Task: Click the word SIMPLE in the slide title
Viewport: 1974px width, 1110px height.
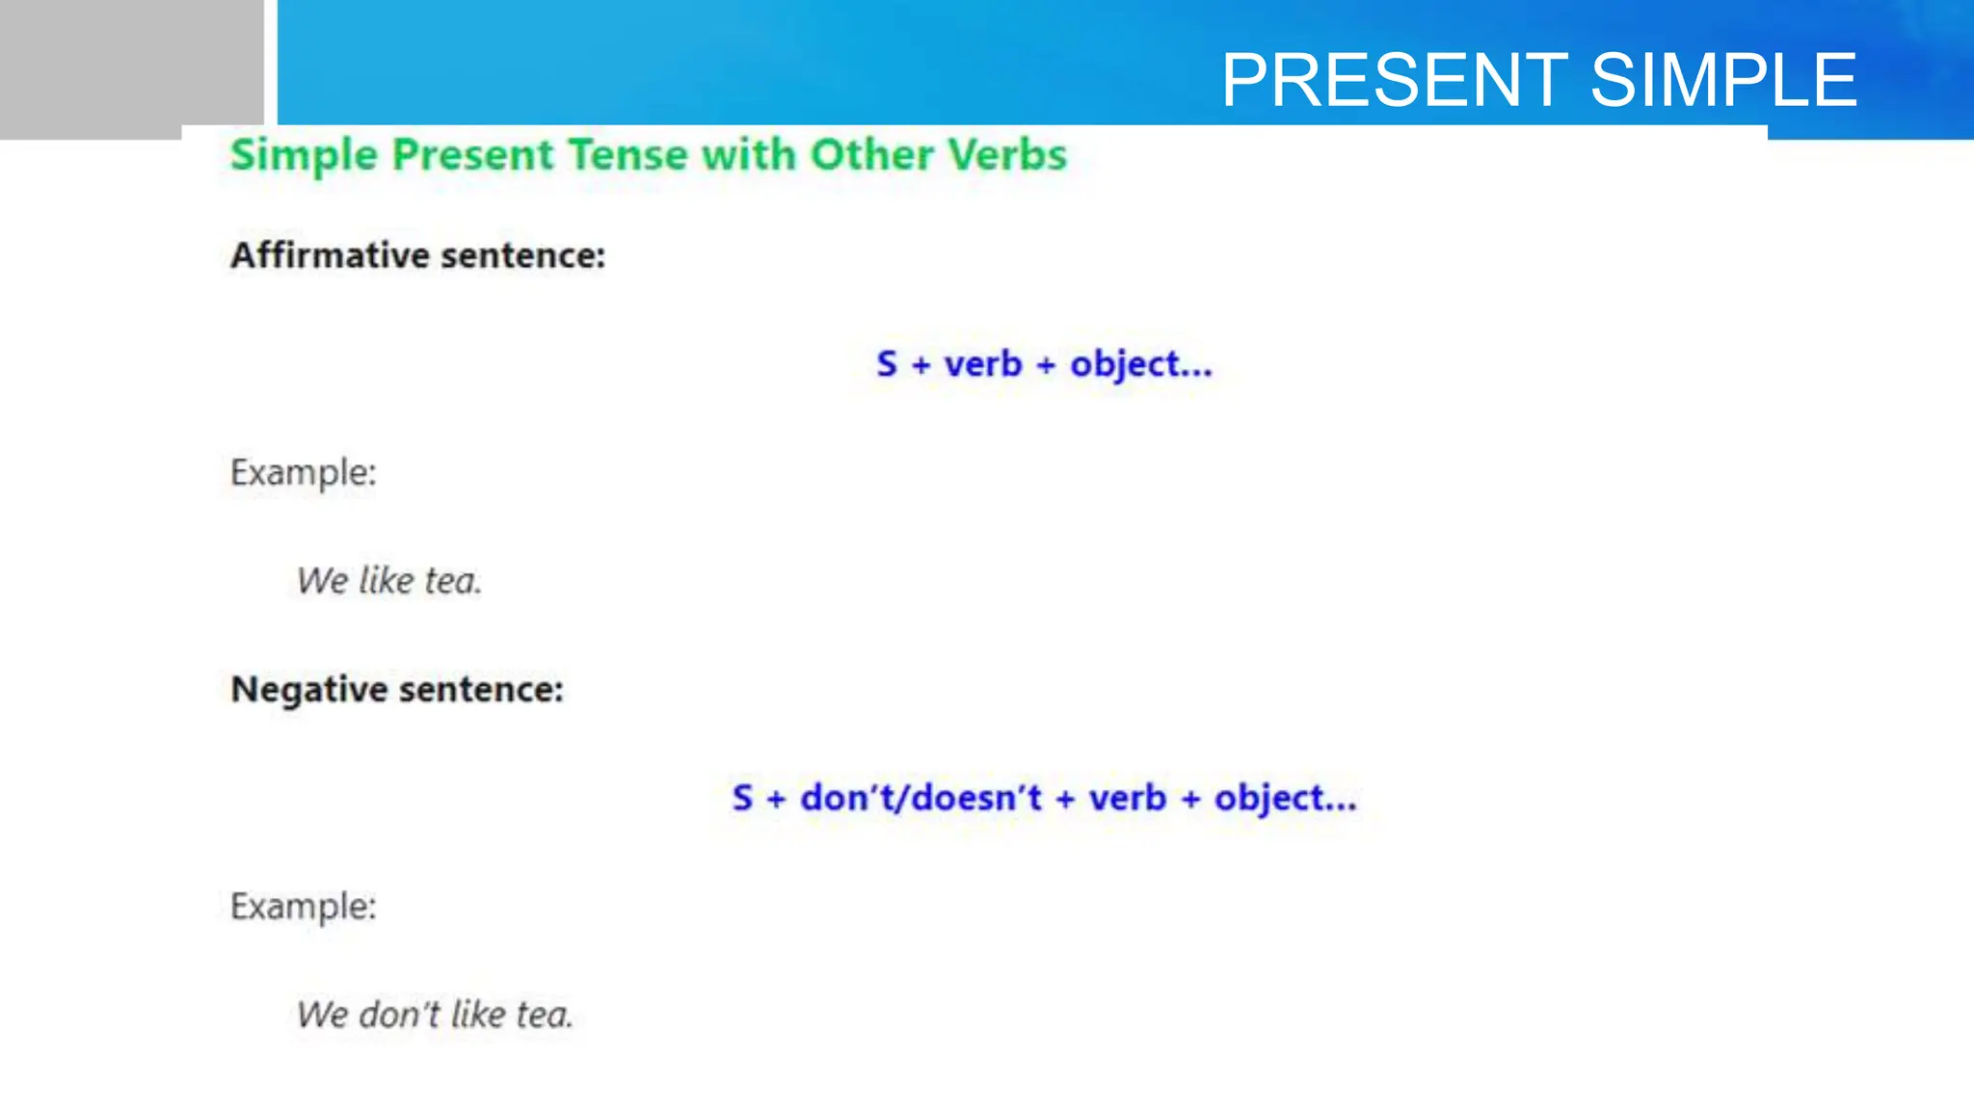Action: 1722,80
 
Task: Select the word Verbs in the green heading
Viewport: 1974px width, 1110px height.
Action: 1007,155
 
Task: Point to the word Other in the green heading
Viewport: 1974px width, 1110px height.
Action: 871,155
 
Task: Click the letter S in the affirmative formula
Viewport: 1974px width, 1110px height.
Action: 887,364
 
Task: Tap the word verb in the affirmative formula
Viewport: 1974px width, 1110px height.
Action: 982,364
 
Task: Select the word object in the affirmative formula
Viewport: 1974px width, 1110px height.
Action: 1125,365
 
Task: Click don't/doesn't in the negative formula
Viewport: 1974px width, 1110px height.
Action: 920,798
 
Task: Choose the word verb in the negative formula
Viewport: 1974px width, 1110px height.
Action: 1127,798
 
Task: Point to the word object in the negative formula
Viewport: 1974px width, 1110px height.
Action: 1269,799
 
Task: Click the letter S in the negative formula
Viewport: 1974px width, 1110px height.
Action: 742,798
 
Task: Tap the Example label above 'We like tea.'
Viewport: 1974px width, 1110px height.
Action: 303,473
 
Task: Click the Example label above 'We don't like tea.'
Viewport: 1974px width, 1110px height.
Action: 303,907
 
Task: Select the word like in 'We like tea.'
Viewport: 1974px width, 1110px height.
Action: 386,580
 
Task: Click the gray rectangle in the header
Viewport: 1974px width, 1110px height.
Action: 131,67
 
